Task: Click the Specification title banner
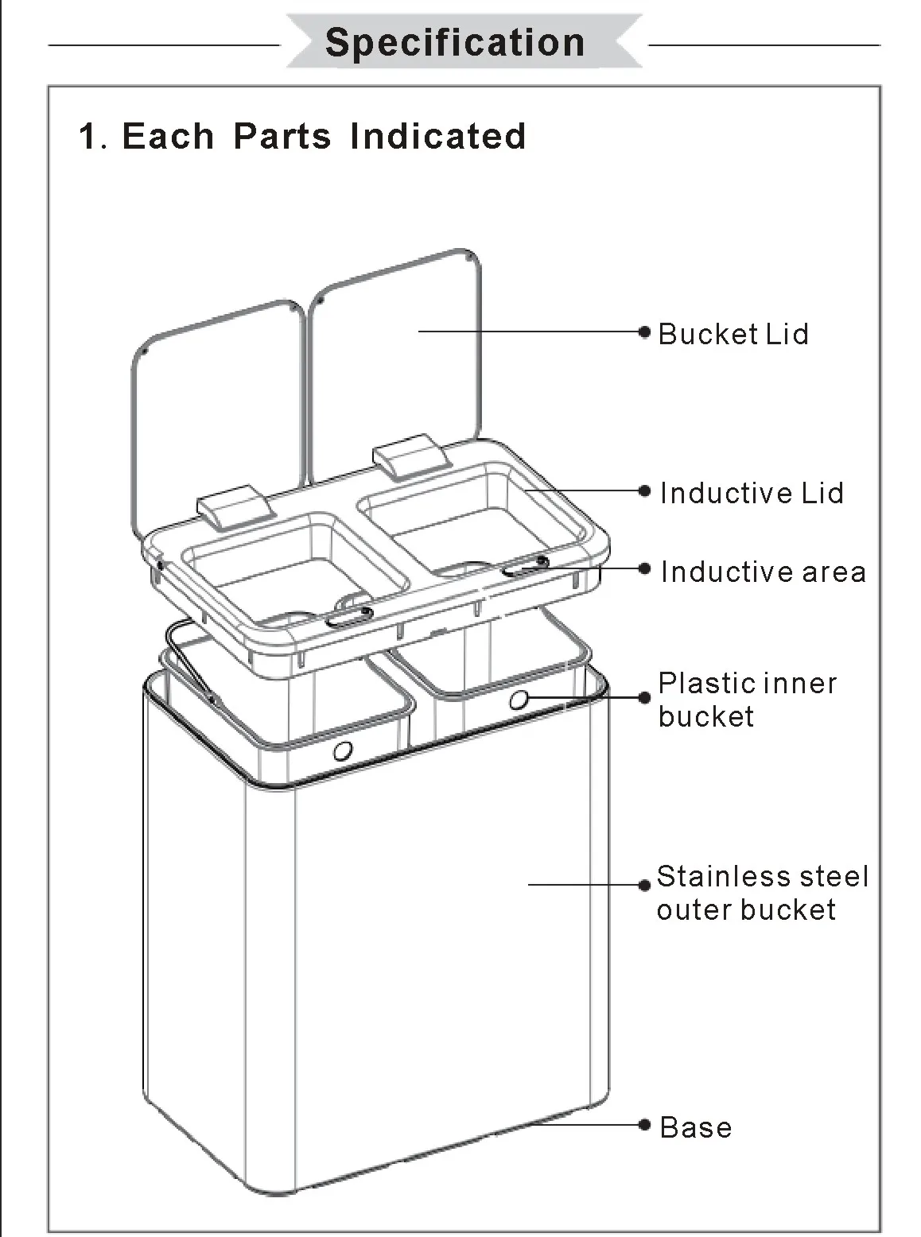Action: (x=455, y=42)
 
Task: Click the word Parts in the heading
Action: (x=282, y=136)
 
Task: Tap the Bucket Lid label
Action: (x=733, y=334)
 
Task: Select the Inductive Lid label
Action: (x=752, y=493)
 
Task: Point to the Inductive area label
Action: (x=763, y=572)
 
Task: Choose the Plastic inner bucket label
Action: (x=746, y=700)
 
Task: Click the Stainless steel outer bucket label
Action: (x=761, y=893)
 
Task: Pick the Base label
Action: (x=695, y=1127)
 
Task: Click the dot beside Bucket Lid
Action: (x=645, y=332)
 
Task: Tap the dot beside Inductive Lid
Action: (x=645, y=491)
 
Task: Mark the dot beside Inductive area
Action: (x=645, y=568)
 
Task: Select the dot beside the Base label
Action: (x=645, y=1124)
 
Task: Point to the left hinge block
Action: (x=231, y=507)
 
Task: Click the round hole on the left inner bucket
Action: (x=343, y=750)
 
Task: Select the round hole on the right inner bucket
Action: (x=519, y=700)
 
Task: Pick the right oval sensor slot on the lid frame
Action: (x=526, y=566)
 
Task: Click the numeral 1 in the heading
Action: (x=89, y=137)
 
